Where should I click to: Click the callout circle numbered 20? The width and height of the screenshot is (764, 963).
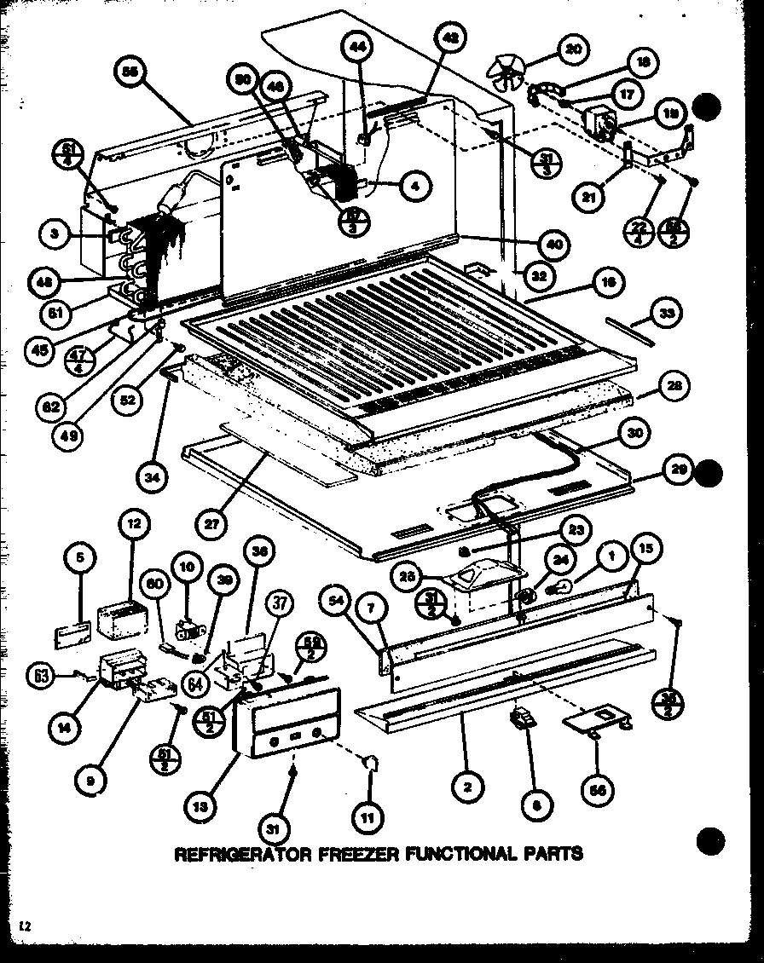click(572, 50)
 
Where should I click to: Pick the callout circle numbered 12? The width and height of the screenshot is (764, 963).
click(135, 524)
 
